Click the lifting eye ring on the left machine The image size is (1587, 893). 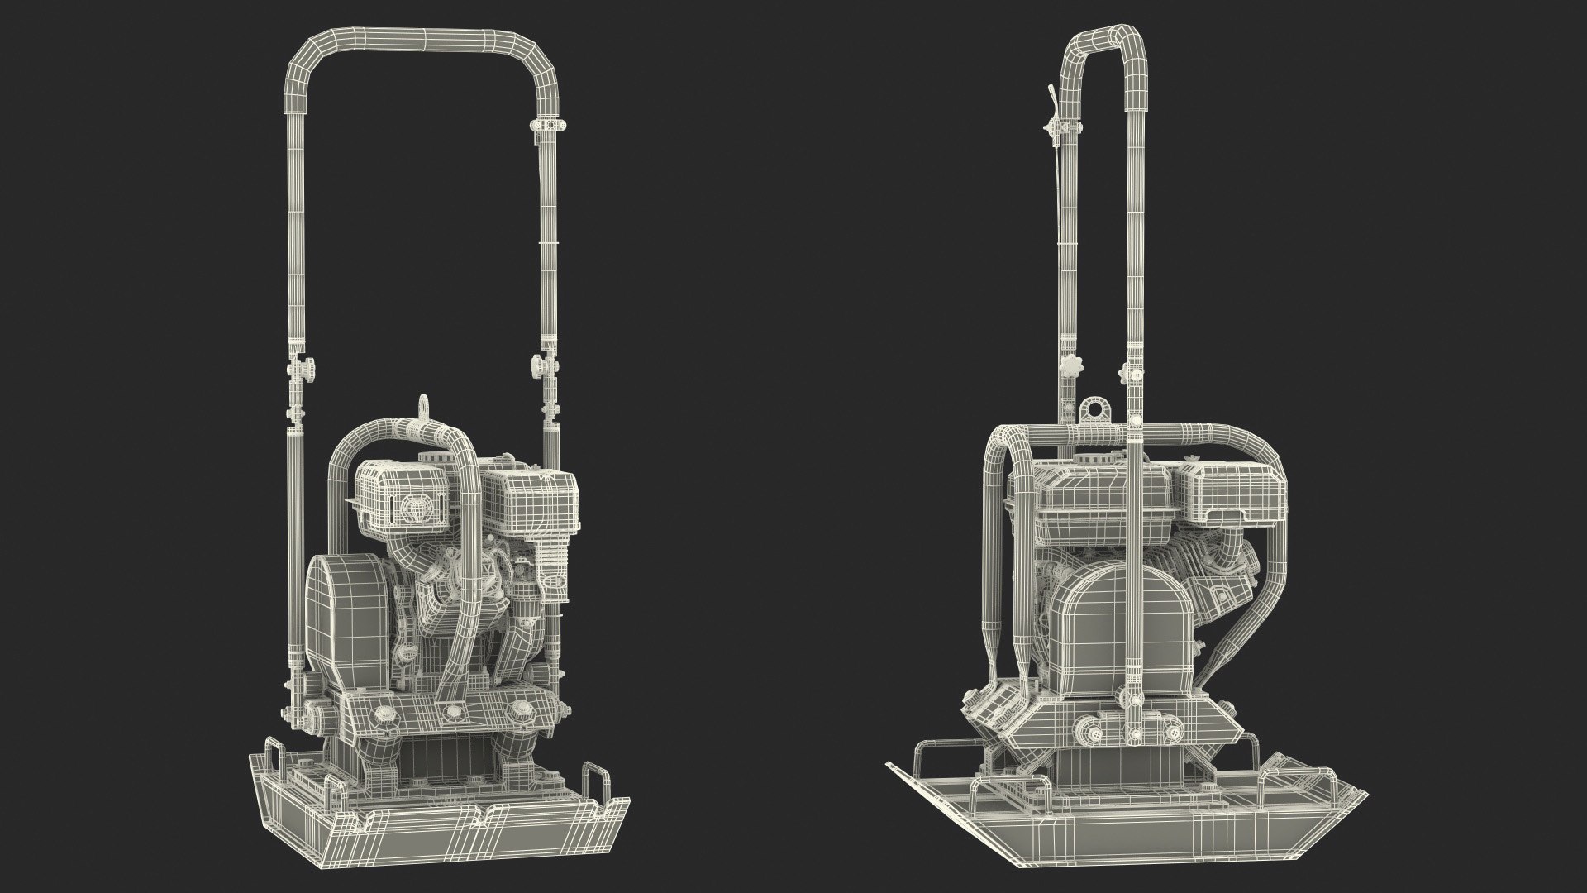(424, 405)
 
